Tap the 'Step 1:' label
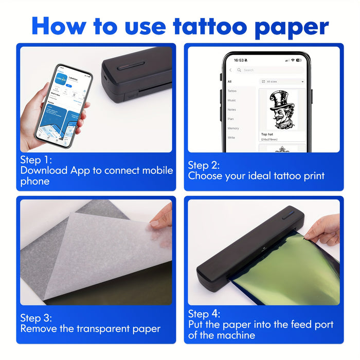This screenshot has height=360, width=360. [37, 159]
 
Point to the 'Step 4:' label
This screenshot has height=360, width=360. [204, 314]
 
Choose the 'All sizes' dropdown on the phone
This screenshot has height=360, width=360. [282, 81]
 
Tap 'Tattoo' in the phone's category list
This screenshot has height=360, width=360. [232, 91]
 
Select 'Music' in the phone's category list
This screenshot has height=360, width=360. [232, 100]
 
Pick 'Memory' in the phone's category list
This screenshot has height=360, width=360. [233, 128]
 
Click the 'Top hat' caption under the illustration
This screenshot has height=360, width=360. [267, 134]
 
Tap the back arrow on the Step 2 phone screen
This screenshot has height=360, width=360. [230, 70]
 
